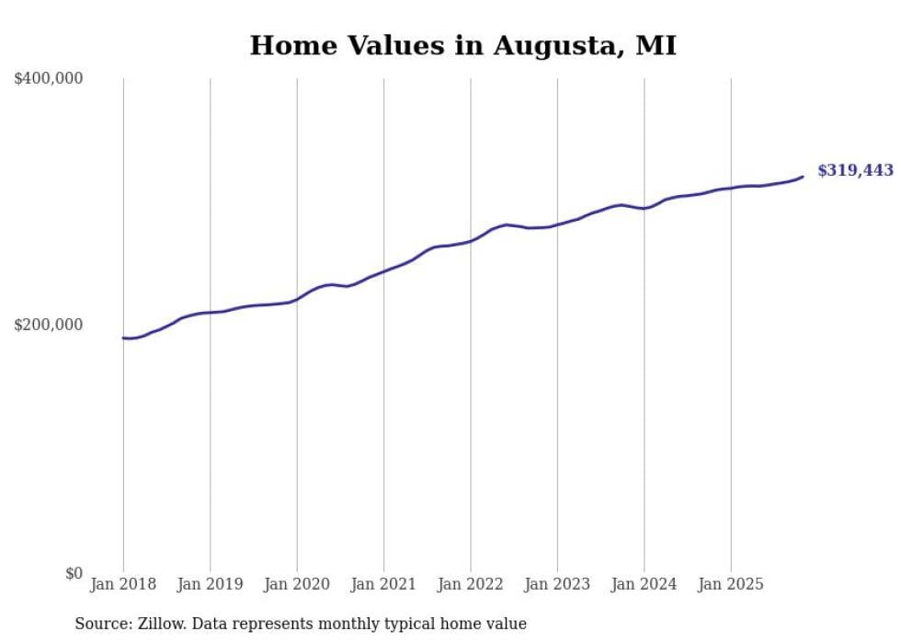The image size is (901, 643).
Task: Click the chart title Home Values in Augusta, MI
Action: pos(462,46)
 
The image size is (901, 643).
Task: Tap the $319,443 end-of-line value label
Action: pos(855,170)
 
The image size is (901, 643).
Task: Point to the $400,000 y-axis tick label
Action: pos(49,79)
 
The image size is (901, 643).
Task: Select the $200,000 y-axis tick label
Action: pos(49,325)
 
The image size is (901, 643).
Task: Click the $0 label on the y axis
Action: pos(74,573)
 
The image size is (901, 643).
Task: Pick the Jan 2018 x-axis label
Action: pos(123,584)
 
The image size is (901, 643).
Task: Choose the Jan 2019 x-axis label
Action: pos(210,584)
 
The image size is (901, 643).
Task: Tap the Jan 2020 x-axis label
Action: pos(297,584)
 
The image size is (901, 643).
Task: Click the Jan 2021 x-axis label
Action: pos(383,584)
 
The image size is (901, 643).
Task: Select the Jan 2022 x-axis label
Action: pos(471,584)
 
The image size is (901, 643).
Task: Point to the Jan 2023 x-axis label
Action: pos(557,584)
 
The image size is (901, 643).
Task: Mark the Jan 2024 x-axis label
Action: pos(644,584)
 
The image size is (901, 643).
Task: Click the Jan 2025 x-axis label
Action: pos(731,584)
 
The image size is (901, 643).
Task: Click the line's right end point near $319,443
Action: pos(803,177)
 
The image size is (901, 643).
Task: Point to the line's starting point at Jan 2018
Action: pos(123,338)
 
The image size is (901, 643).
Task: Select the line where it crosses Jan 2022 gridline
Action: pos(471,241)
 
